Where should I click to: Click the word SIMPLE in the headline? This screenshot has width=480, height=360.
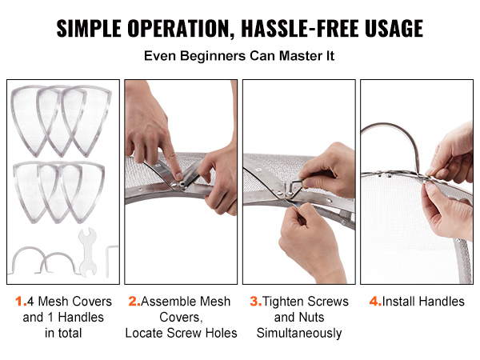(89, 29)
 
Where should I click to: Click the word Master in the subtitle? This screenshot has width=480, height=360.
(298, 56)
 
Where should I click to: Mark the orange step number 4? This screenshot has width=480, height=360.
(375, 302)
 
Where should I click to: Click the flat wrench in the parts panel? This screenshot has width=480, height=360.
(87, 253)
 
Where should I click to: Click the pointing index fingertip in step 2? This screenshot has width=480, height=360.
(178, 176)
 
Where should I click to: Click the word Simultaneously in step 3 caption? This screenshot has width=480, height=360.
(299, 333)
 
